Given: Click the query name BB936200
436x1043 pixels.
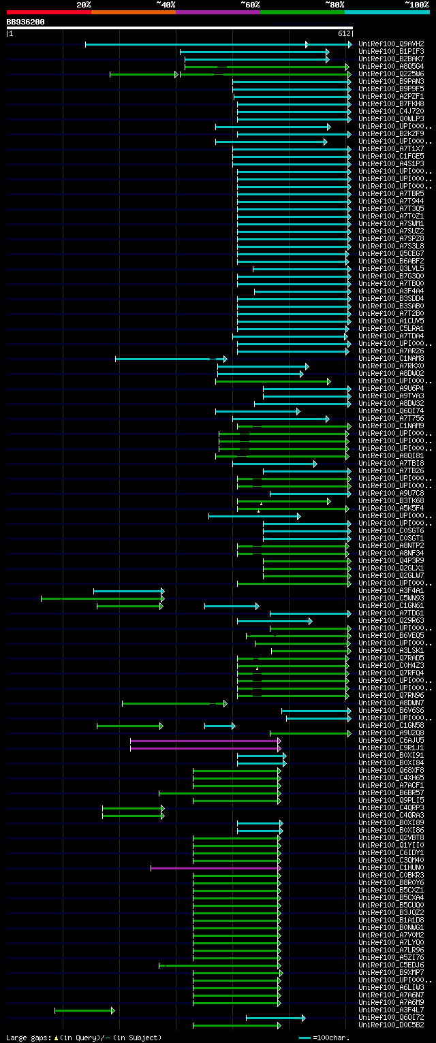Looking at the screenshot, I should (26, 22).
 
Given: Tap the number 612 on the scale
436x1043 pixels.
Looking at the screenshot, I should (343, 33).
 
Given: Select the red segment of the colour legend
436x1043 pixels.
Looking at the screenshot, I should (48, 12).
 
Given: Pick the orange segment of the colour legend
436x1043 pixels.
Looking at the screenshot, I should (133, 12).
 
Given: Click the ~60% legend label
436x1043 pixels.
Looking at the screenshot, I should (250, 5).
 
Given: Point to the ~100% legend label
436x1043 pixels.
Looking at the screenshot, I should (416, 5).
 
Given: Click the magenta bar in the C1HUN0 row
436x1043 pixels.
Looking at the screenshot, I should (215, 868).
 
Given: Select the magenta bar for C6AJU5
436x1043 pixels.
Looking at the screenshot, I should (204, 741).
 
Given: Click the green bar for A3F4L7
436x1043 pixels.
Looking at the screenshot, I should (84, 1010).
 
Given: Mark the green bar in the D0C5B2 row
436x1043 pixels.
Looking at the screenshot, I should (236, 1025).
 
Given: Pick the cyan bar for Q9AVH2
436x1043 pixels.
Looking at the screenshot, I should (218, 44).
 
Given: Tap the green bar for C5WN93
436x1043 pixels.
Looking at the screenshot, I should (102, 598).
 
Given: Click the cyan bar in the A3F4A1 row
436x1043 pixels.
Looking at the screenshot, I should (128, 591).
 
